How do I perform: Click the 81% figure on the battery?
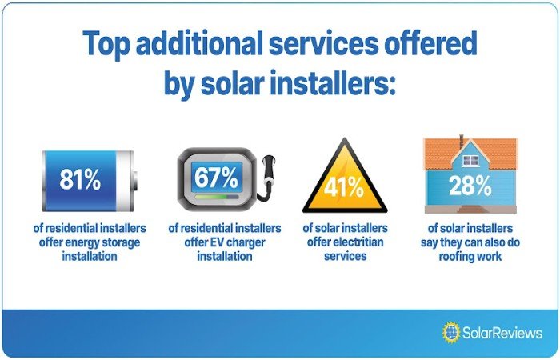coord(80,179)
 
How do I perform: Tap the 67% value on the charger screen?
coord(216,178)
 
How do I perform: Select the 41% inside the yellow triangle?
coord(344,187)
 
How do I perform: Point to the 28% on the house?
coord(470,186)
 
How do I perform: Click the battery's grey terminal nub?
coord(135,181)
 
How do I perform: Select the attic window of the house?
coord(470,161)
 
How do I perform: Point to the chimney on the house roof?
coord(461,142)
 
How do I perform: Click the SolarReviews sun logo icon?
coord(451,333)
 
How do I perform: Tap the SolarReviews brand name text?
coord(502,333)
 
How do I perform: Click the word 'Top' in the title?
coord(106,44)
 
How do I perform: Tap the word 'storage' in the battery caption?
coord(120,243)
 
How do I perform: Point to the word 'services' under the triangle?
coord(345,256)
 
